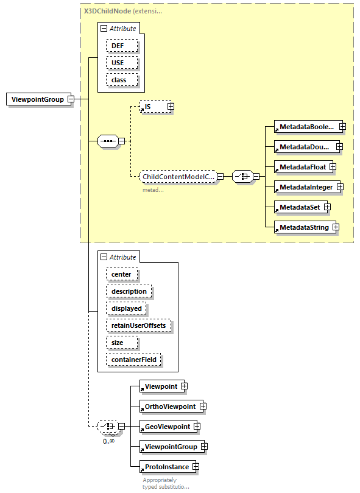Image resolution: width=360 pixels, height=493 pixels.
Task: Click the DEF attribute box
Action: pyautogui.click(x=121, y=46)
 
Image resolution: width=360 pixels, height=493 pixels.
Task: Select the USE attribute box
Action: pyautogui.click(x=121, y=63)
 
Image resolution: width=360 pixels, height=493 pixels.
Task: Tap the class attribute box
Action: pyautogui.click(x=121, y=80)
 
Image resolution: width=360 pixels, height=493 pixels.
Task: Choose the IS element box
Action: pyautogui.click(x=152, y=107)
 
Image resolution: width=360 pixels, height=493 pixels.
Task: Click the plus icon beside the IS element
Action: pyautogui.click(x=171, y=107)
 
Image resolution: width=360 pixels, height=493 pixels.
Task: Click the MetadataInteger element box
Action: pyautogui.click(x=306, y=186)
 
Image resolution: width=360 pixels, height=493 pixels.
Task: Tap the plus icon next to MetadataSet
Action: pyautogui.click(x=327, y=207)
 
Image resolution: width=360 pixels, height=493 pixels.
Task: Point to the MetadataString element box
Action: pyautogui.click(x=303, y=227)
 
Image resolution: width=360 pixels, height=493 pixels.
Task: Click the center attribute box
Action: pyautogui.click(x=121, y=274)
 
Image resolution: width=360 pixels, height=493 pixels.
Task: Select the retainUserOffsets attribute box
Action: pyautogui.click(x=138, y=325)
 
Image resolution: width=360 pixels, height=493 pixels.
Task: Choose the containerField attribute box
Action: pyautogui.click(x=133, y=360)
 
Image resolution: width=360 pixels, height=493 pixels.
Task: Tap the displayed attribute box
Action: pyautogui.click(x=126, y=308)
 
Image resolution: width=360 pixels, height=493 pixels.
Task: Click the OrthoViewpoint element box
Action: pyautogui.click(x=169, y=406)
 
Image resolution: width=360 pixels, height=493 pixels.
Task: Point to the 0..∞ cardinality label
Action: pyautogui.click(x=108, y=441)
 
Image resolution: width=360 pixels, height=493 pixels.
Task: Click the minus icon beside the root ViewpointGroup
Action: pyautogui.click(x=71, y=99)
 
